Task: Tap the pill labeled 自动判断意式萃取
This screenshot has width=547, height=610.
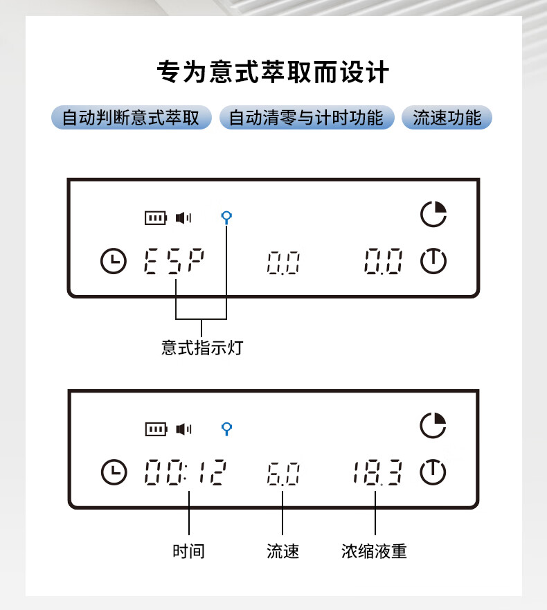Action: [131, 118]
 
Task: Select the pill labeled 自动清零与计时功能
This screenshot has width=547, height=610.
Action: [306, 118]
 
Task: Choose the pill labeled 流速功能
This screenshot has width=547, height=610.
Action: [447, 118]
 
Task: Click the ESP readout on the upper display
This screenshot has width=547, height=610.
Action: [174, 262]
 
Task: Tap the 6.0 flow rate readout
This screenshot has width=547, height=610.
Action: [283, 474]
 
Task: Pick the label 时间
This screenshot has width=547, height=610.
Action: [188, 551]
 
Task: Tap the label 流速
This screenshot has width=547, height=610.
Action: [283, 551]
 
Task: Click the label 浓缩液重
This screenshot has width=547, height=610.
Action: [374, 551]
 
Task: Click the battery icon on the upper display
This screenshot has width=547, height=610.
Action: [156, 218]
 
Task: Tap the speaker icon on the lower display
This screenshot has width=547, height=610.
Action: [183, 429]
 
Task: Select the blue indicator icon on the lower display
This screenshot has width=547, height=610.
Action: [226, 429]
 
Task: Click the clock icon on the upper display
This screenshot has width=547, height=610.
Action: [114, 262]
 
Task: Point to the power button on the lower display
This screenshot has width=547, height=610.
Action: [433, 472]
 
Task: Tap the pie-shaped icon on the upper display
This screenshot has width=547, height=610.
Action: [433, 214]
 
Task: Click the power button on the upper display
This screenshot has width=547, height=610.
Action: [433, 261]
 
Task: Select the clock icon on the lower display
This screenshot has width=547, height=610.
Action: [114, 472]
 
